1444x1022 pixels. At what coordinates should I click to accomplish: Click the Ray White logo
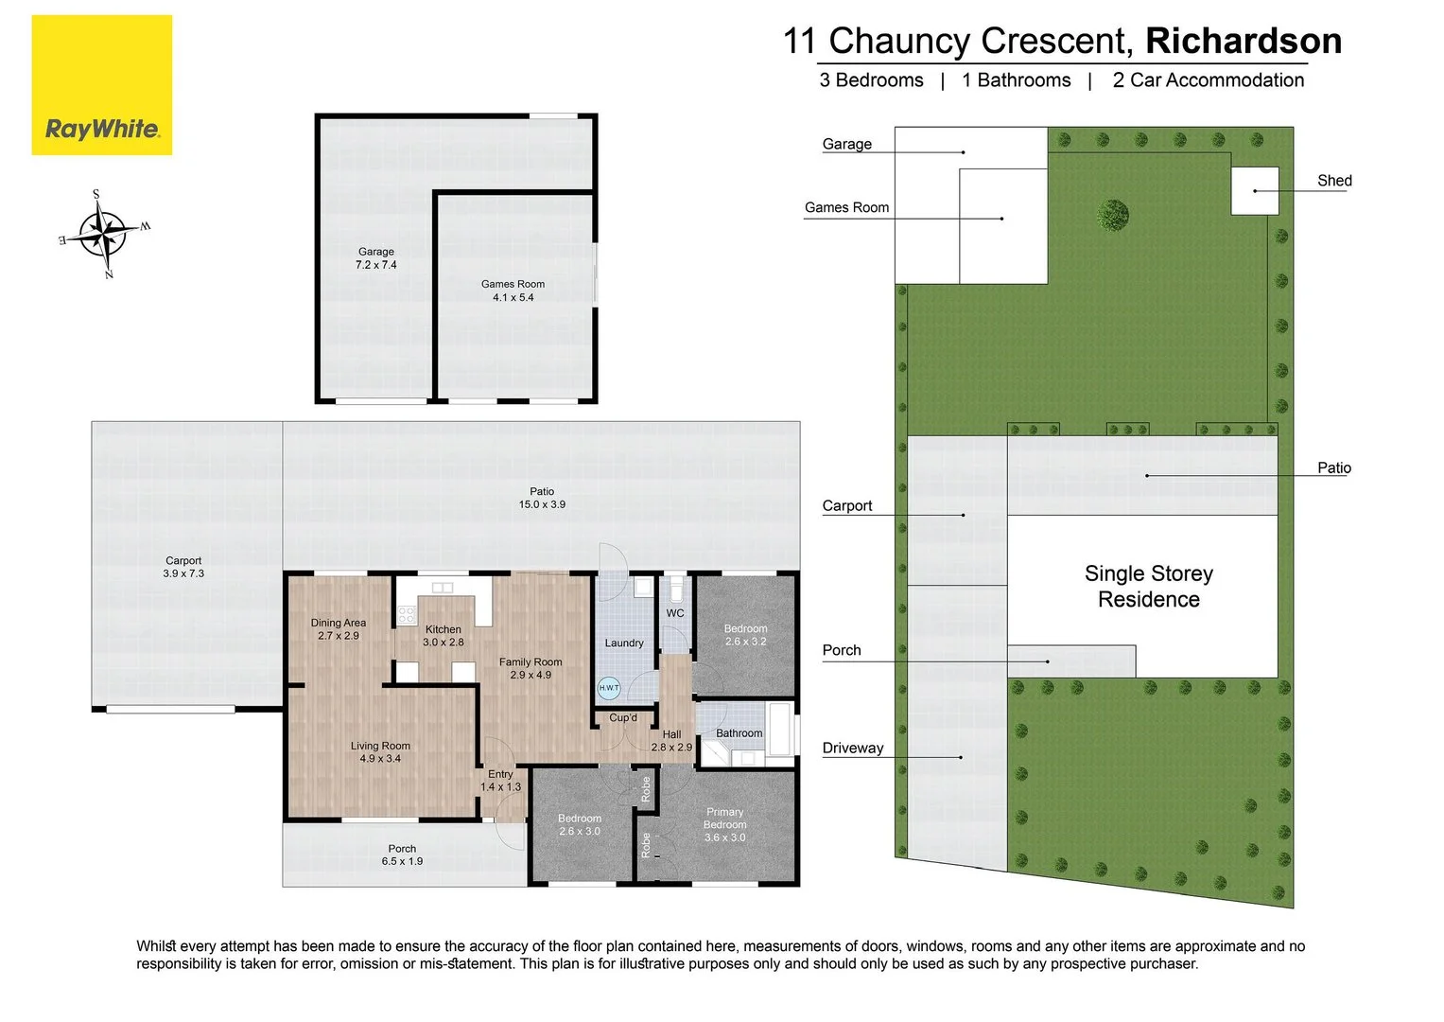tap(102, 85)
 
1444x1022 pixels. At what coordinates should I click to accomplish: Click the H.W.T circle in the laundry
tap(609, 688)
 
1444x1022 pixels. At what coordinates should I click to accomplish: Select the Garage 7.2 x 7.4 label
tap(376, 258)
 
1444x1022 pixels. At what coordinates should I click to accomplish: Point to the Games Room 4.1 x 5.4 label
tap(513, 291)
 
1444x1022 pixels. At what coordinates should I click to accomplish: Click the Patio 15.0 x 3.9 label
tap(542, 498)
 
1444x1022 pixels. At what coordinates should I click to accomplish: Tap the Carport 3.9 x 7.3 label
tap(183, 567)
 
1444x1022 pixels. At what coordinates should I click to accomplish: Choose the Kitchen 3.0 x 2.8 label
tap(444, 636)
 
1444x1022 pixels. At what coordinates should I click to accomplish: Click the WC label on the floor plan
tap(675, 613)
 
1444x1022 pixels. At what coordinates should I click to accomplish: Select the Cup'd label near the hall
tap(623, 717)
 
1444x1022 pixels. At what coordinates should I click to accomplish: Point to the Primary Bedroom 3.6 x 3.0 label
tap(725, 824)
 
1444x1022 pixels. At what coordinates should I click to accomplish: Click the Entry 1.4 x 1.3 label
tap(501, 780)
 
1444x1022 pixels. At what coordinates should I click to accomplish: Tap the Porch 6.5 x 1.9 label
tap(402, 855)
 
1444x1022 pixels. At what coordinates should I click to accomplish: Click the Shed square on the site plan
tap(1255, 191)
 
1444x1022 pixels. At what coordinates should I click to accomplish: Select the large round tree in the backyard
tap(1113, 215)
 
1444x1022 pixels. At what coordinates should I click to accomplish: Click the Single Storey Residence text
tap(1149, 586)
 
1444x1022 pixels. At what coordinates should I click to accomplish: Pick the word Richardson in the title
tap(1244, 41)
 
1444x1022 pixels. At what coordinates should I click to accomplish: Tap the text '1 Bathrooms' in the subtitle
tap(1017, 80)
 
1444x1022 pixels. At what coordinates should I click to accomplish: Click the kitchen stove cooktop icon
tap(406, 615)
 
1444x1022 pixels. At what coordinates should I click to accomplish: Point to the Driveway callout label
tap(853, 748)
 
